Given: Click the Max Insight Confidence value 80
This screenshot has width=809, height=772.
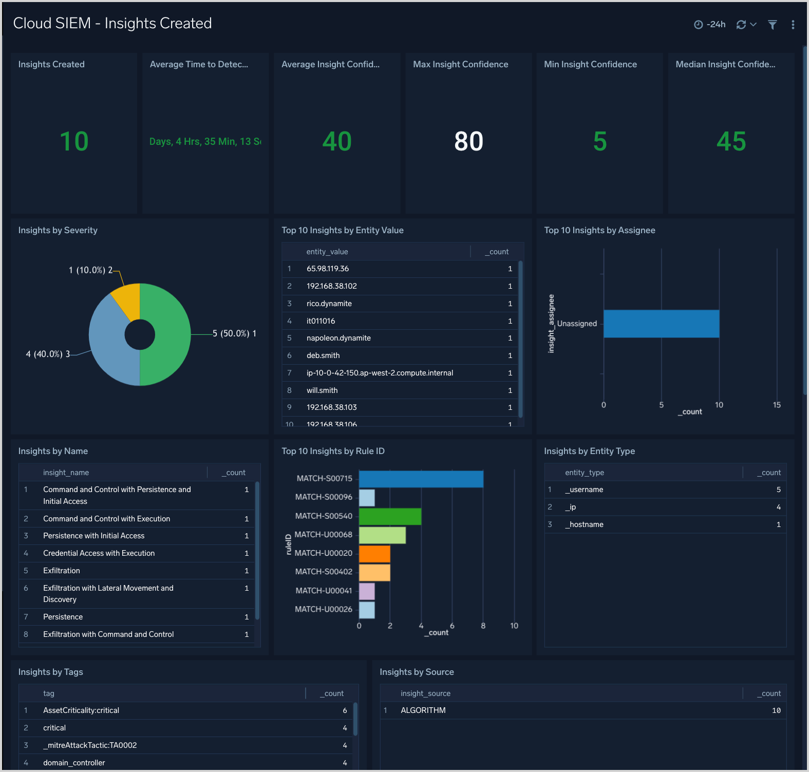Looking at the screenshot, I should [468, 141].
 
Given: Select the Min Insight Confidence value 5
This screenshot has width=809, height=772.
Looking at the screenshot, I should [599, 141].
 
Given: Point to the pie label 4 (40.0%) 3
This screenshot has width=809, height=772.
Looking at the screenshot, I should [48, 354].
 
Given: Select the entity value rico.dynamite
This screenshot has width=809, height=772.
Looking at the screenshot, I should [329, 304].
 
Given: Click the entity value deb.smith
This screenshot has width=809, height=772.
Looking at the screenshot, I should [323, 355].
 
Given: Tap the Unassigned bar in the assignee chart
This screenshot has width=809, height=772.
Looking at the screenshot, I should [661, 324].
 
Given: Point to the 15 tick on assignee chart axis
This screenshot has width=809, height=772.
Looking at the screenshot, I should [777, 405].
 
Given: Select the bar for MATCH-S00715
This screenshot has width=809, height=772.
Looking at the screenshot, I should [421, 479].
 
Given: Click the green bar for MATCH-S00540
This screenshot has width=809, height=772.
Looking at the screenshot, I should [390, 516].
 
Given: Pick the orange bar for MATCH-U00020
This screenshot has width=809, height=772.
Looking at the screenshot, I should [374, 554].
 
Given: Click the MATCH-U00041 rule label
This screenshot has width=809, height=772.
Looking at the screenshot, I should [324, 591].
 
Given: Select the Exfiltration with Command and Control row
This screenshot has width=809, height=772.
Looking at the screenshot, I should [108, 634].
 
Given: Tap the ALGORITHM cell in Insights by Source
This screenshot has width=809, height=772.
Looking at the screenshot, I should [423, 710].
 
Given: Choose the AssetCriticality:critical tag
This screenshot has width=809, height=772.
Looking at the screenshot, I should [81, 710].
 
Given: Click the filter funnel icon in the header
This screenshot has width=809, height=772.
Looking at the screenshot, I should [772, 25].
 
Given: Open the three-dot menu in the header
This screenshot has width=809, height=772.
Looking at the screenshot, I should [793, 25].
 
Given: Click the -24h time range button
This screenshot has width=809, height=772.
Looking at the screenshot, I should [710, 25].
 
